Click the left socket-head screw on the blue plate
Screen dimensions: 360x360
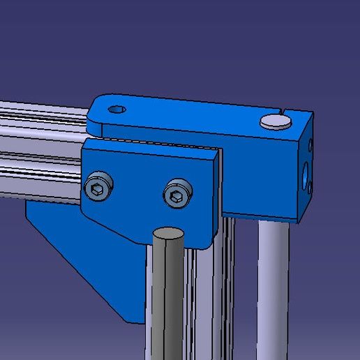click(x=98, y=186)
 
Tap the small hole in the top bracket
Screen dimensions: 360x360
click(x=117, y=109)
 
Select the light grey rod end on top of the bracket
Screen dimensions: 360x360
click(x=275, y=122)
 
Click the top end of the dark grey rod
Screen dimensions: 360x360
click(x=168, y=234)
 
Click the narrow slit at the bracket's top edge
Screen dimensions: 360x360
click(x=287, y=111)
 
